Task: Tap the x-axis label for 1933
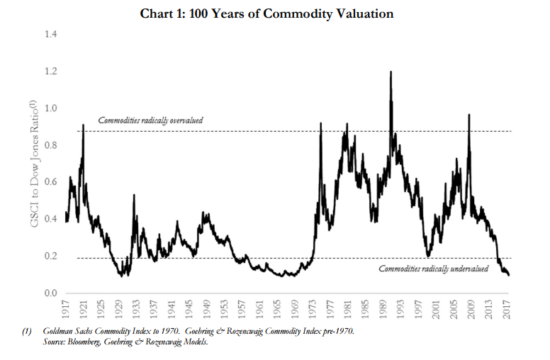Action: pyautogui.click(x=135, y=309)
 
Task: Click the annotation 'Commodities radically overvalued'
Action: pyautogui.click(x=150, y=120)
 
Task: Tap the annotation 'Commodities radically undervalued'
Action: pyautogui.click(x=433, y=269)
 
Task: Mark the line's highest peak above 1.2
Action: pyautogui.click(x=391, y=72)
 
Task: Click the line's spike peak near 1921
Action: pyautogui.click(x=84, y=125)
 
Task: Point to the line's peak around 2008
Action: pyautogui.click(x=468, y=115)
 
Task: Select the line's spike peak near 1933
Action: pyautogui.click(x=134, y=195)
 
